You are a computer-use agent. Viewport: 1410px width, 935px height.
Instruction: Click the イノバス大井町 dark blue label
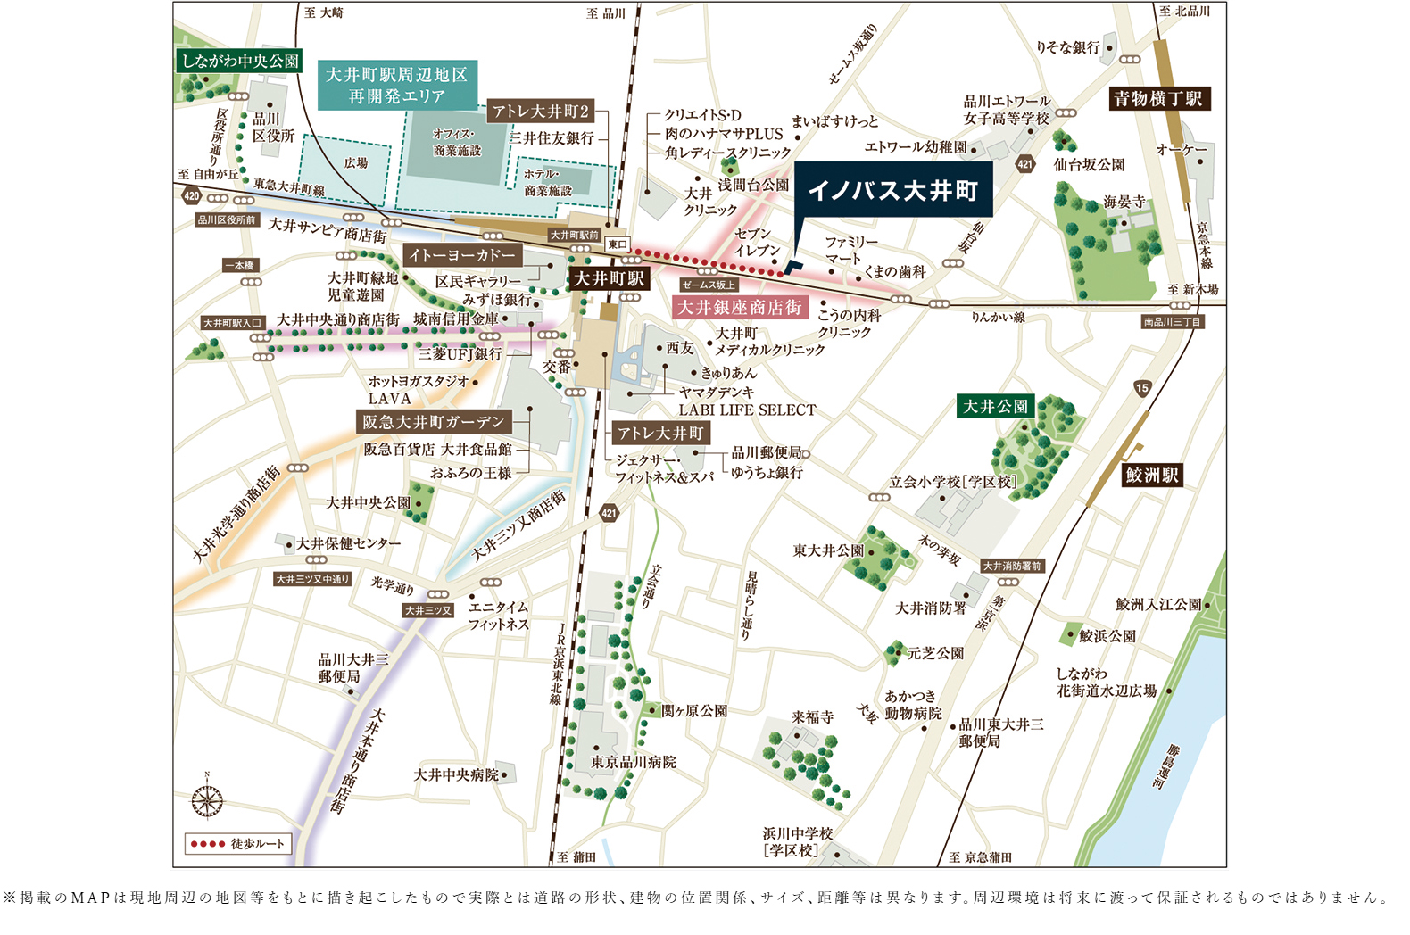pyautogui.click(x=892, y=191)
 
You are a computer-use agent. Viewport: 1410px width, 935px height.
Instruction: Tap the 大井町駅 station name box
pyautogui.click(x=610, y=279)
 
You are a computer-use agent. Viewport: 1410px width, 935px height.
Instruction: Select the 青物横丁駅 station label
pyautogui.click(x=1158, y=99)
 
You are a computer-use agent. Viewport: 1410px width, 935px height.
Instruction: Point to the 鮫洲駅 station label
pyautogui.click(x=1151, y=476)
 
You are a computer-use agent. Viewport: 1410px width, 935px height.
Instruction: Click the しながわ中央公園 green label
pyautogui.click(x=239, y=62)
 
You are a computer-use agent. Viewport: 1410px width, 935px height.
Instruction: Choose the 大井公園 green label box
pyautogui.click(x=995, y=407)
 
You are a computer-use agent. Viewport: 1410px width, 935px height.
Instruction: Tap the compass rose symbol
pyautogui.click(x=207, y=800)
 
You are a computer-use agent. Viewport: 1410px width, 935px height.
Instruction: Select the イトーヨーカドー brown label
pyautogui.click(x=462, y=255)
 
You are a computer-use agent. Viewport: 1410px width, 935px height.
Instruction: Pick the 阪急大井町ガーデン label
pyautogui.click(x=433, y=422)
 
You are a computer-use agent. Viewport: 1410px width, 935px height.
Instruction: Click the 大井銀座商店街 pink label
pyautogui.click(x=740, y=308)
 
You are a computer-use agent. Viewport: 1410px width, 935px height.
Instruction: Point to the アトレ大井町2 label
pyautogui.click(x=541, y=112)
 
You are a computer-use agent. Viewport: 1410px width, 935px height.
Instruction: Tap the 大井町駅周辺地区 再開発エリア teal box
pyautogui.click(x=397, y=86)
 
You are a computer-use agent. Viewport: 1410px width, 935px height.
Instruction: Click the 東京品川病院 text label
pyautogui.click(x=633, y=762)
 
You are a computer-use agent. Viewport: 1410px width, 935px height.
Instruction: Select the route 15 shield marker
pyautogui.click(x=1142, y=388)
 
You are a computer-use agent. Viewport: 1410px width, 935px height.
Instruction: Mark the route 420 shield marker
pyautogui.click(x=191, y=196)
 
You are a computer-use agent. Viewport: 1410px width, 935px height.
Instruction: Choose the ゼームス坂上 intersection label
pyautogui.click(x=708, y=285)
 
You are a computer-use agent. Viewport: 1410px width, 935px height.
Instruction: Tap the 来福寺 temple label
pyautogui.click(x=812, y=717)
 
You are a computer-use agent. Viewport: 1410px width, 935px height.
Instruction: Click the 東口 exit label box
pyautogui.click(x=618, y=244)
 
